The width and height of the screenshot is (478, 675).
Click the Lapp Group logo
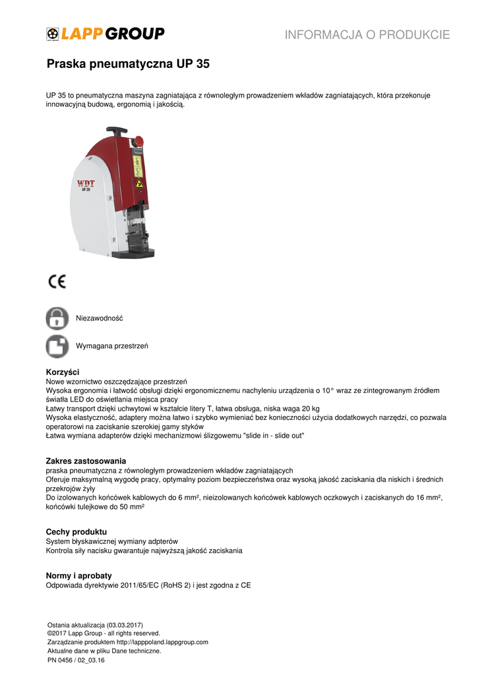pyautogui.click(x=105, y=34)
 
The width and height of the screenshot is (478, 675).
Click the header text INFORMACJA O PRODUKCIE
pyautogui.click(x=367, y=35)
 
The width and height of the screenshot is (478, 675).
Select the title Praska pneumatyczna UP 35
pyautogui.click(x=128, y=65)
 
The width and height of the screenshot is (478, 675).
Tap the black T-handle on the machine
pyautogui.click(x=116, y=131)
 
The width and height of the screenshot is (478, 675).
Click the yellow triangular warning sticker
pyautogui.click(x=138, y=184)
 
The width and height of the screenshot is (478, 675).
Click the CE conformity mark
pyautogui.click(x=57, y=281)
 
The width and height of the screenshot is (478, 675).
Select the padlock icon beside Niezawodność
pyautogui.click(x=57, y=318)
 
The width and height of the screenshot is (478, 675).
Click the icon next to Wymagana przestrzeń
pyautogui.click(x=57, y=346)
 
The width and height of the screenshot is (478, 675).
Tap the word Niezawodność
pyautogui.click(x=100, y=318)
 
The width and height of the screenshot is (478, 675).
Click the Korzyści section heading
pyautogui.click(x=63, y=372)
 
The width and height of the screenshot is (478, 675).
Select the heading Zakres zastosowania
pyautogui.click(x=86, y=460)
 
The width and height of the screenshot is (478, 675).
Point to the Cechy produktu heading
pyautogui.click(x=76, y=531)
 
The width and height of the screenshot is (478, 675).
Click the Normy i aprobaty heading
pyautogui.click(x=78, y=575)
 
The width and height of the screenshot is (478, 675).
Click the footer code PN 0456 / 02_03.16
pyautogui.click(x=76, y=659)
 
